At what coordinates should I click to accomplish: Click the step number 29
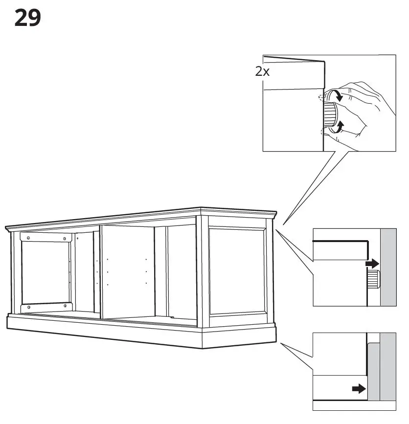(27, 18)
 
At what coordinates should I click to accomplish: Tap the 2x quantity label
(262, 71)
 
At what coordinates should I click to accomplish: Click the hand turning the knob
(364, 110)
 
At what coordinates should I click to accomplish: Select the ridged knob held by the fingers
(330, 112)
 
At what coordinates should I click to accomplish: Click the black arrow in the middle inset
(372, 264)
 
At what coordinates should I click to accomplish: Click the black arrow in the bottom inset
(359, 389)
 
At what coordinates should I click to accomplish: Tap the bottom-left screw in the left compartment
(29, 307)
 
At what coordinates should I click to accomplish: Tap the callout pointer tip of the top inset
(283, 223)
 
